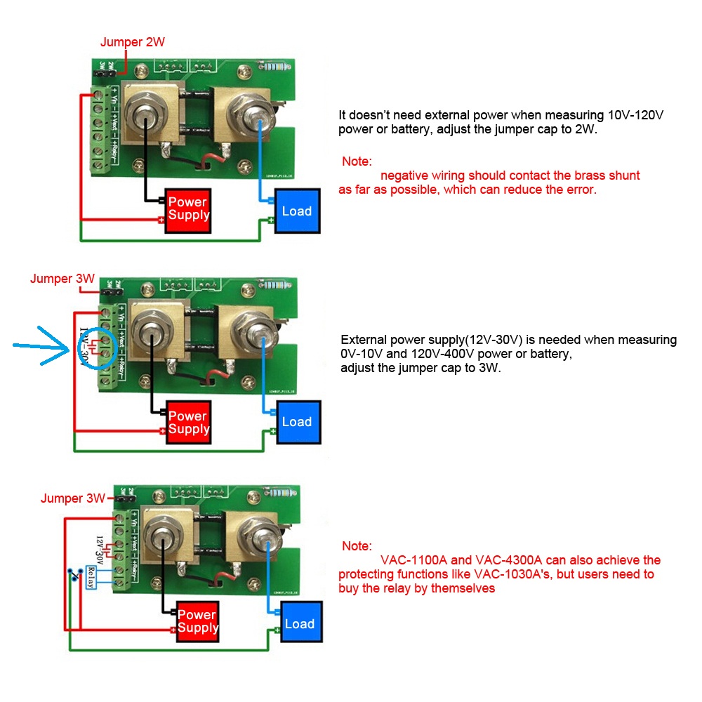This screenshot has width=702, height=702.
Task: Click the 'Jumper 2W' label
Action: coord(133,42)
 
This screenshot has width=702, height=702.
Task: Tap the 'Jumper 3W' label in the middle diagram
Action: coord(62,279)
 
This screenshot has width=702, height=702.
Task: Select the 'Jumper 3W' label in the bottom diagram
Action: coord(72,498)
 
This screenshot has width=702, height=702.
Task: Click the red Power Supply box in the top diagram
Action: coord(188,209)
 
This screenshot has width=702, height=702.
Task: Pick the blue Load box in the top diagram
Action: coord(297,211)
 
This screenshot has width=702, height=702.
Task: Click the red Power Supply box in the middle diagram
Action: coord(188,423)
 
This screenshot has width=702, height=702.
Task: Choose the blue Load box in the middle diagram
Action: coord(297,422)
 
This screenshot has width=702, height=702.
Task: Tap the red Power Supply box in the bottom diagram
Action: coord(198,621)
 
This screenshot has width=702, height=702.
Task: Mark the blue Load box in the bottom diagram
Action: coord(300,623)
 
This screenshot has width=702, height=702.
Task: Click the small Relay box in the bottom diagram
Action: coord(90,578)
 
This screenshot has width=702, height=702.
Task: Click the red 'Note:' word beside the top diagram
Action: coord(357,161)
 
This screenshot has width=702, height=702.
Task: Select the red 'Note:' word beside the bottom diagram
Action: coord(357,546)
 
